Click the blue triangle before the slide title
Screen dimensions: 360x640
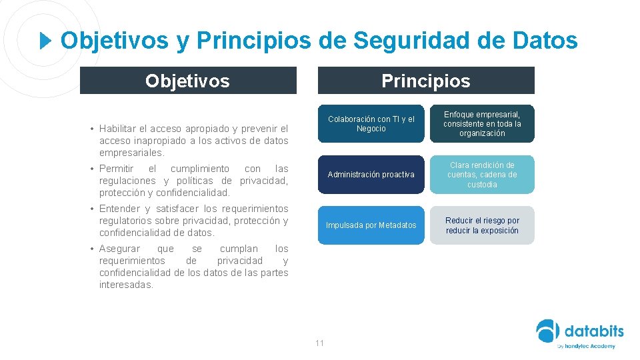(45, 41)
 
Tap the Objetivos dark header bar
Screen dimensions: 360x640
(188, 81)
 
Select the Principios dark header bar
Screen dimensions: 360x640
(426, 81)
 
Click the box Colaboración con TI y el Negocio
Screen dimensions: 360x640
(371, 124)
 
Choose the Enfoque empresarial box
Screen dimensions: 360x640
(482, 124)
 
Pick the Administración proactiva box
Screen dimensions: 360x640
(371, 175)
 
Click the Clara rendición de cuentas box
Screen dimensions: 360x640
(482, 175)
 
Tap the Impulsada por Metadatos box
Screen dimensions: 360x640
(371, 225)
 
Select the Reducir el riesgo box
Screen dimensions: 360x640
(482, 225)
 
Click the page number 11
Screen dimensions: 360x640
(319, 343)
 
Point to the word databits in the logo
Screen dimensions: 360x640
(594, 331)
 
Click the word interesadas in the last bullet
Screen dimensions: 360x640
(126, 285)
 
